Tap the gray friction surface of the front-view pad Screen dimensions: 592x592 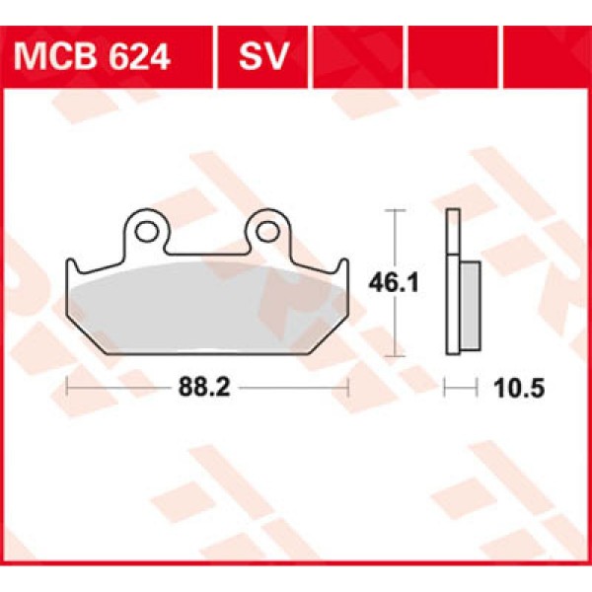[206, 301]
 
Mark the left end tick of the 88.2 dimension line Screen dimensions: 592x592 [66, 388]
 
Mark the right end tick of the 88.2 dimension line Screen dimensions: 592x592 [347, 388]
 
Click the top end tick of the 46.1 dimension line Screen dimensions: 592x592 [395, 211]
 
